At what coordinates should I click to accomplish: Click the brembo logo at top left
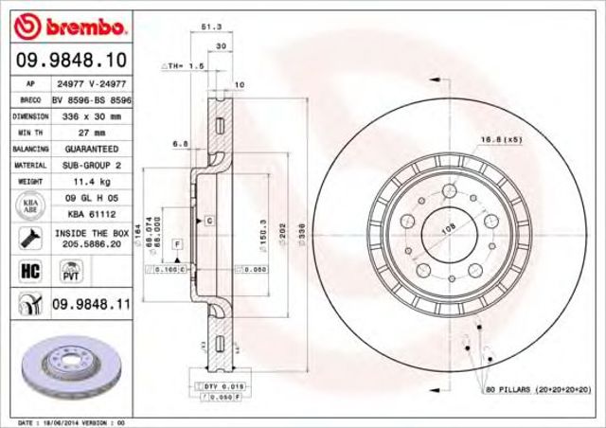[x=66, y=21]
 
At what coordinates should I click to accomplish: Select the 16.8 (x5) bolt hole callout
[x=501, y=140]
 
